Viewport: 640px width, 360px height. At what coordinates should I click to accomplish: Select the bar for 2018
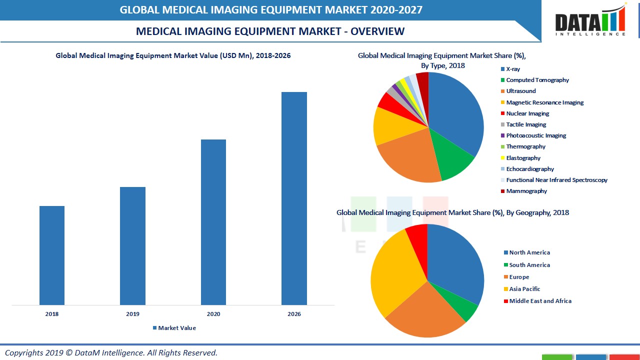tap(52, 255)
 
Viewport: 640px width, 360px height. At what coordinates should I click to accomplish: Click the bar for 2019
tap(132, 245)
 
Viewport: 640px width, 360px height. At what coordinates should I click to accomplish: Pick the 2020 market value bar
tap(213, 222)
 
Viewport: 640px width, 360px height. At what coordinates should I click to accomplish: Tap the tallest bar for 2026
tap(294, 198)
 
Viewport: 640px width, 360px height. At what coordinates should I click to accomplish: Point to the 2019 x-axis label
tap(132, 314)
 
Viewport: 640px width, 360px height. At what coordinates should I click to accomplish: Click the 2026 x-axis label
tap(294, 314)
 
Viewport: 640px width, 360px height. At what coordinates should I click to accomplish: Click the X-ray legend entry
tap(512, 69)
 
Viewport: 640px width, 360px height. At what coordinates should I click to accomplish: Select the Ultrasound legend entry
tap(520, 91)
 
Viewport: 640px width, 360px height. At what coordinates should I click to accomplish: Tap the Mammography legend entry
tap(526, 191)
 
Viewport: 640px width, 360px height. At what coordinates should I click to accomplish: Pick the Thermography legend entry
tap(525, 146)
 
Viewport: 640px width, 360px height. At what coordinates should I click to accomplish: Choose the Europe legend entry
tap(518, 277)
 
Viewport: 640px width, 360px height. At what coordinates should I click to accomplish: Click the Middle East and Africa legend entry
tap(539, 301)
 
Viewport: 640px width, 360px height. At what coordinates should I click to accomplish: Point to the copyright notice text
tap(111, 352)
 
